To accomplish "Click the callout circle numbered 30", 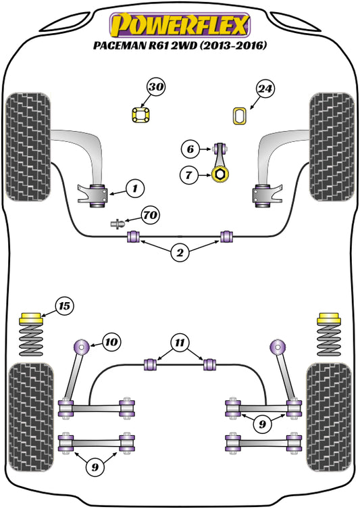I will [156, 87].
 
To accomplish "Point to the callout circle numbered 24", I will [265, 89].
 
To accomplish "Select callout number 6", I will [190, 148].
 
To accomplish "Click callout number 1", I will [134, 188].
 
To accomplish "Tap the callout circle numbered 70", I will [151, 216].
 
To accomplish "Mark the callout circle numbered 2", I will [180, 253].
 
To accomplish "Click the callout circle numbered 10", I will [111, 342].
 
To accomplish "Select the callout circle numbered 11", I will [180, 342].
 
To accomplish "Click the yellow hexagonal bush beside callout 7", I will [219, 176].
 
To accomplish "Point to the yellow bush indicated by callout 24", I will [238, 116].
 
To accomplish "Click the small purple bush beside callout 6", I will [219, 148].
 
